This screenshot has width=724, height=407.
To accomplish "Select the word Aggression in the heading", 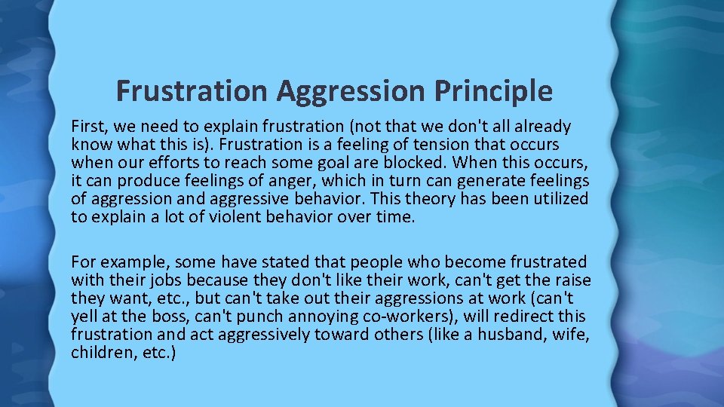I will (352, 92).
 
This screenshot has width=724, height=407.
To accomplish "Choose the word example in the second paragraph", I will (132, 262).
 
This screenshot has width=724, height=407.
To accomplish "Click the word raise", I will (571, 280).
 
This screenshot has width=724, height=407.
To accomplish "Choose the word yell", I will (85, 316).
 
